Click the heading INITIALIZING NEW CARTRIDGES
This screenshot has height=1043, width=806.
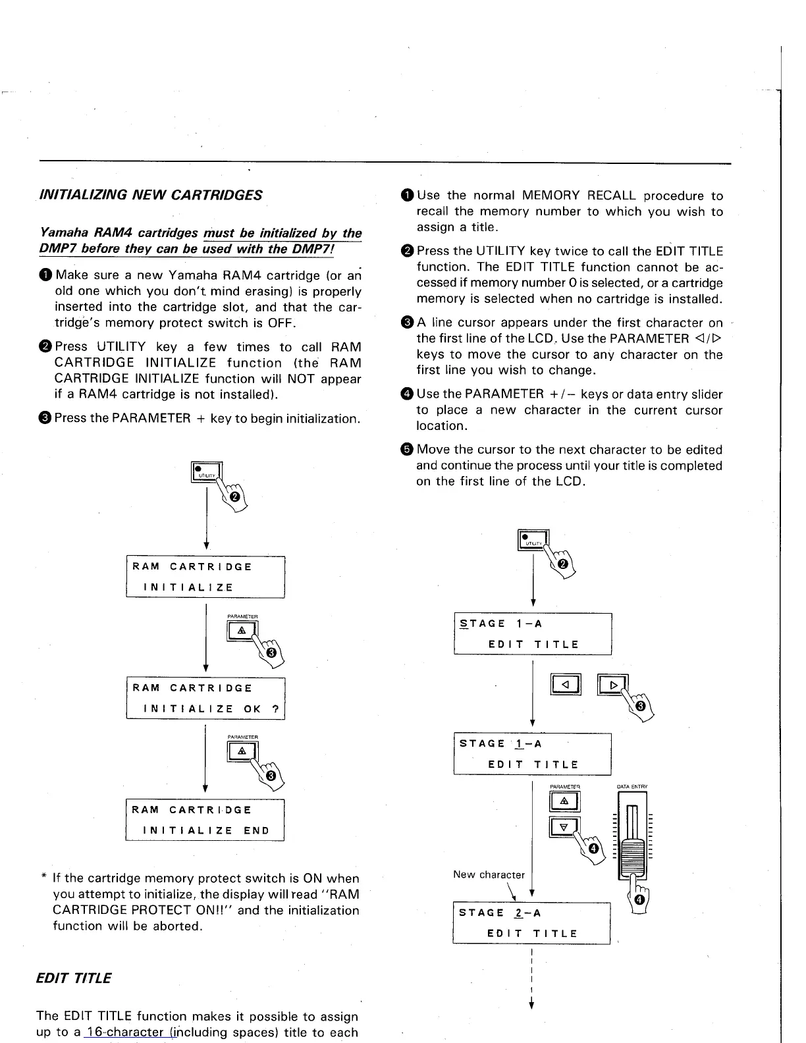click(x=151, y=195)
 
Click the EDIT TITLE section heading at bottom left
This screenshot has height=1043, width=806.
click(x=74, y=977)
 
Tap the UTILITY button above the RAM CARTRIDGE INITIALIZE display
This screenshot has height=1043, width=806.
click(x=207, y=472)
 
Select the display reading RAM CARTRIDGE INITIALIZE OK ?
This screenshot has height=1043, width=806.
click(x=205, y=698)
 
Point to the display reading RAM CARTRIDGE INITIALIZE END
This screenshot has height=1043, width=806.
click(x=205, y=820)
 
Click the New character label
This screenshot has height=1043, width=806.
click(x=489, y=874)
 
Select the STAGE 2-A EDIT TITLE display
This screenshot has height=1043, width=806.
click(x=531, y=923)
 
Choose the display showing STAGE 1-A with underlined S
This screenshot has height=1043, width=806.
click(x=533, y=633)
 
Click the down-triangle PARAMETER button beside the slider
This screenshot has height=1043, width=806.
click(x=564, y=827)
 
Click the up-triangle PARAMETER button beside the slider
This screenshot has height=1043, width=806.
click(x=564, y=801)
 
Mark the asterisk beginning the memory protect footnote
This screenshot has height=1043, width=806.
click(x=43, y=878)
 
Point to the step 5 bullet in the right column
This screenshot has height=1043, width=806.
click(x=407, y=450)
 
